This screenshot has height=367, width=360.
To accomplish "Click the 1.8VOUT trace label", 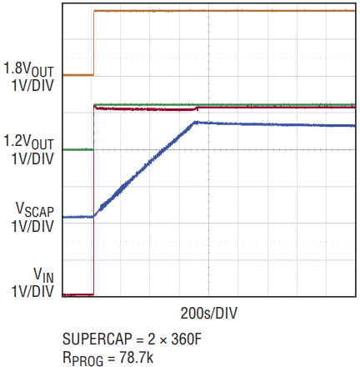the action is point(28,69).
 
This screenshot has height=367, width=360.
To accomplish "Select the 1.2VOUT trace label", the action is point(28,143).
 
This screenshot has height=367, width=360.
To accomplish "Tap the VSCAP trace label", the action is point(35,209).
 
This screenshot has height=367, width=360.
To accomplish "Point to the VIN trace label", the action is point(43,275).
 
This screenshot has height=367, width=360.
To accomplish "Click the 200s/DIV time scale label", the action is point(209,314).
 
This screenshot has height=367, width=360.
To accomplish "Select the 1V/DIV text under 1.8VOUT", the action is point(32,85).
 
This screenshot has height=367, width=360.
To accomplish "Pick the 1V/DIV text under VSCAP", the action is point(32,226).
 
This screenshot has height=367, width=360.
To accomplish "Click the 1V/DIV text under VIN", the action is point(32,292).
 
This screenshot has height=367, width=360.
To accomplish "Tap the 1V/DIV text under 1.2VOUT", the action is point(32,159).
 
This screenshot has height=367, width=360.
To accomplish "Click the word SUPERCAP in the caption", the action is point(97,339).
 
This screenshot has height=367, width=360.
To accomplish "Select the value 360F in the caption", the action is point(186,339).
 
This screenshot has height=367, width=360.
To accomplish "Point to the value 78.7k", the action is point(137,357).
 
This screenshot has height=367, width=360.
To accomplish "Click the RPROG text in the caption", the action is point(82,359).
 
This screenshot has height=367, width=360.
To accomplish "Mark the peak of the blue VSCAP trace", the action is point(197,122).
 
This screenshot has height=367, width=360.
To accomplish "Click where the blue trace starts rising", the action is point(94,216).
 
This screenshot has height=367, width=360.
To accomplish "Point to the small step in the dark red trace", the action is point(197,108).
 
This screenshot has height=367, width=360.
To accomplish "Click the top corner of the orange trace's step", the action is point(94,11).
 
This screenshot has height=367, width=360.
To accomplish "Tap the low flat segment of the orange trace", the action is point(78,75).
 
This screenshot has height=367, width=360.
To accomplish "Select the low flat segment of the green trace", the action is point(78,149).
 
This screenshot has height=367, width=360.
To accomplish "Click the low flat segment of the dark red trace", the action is point(78,294).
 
